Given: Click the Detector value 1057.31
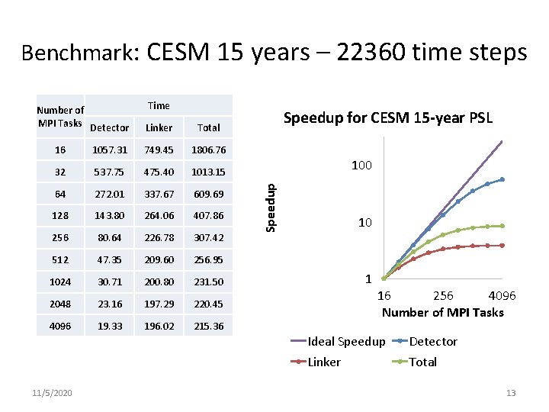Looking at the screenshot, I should [111, 150].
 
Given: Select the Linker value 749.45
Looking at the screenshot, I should [159, 150].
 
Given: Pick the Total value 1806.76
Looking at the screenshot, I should [208, 150].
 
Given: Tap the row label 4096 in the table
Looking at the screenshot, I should [62, 327].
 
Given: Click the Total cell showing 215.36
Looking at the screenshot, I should [208, 327].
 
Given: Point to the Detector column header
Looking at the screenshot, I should [110, 127].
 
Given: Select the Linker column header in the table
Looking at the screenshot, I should [159, 127].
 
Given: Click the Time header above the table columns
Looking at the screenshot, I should [159, 106].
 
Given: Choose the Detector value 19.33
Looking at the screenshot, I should [111, 327].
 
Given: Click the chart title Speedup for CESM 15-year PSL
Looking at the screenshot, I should [388, 118].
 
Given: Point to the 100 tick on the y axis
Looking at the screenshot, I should [361, 166].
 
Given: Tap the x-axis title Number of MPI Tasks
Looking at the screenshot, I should [442, 312].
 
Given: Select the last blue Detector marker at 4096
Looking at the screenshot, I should [502, 179].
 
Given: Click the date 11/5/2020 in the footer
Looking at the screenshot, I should [53, 393].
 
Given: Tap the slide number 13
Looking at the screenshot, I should [511, 393].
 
